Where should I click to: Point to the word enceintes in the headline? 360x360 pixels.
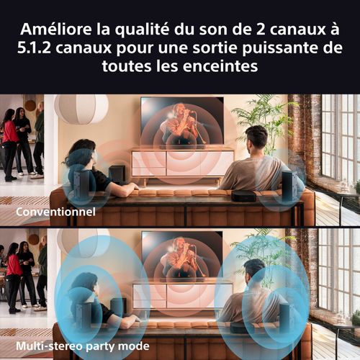[x=215, y=67]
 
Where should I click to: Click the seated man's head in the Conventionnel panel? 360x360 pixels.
[x=256, y=136]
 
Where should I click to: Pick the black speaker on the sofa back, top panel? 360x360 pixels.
[x=243, y=195]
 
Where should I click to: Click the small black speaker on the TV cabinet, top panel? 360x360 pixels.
[x=116, y=173]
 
